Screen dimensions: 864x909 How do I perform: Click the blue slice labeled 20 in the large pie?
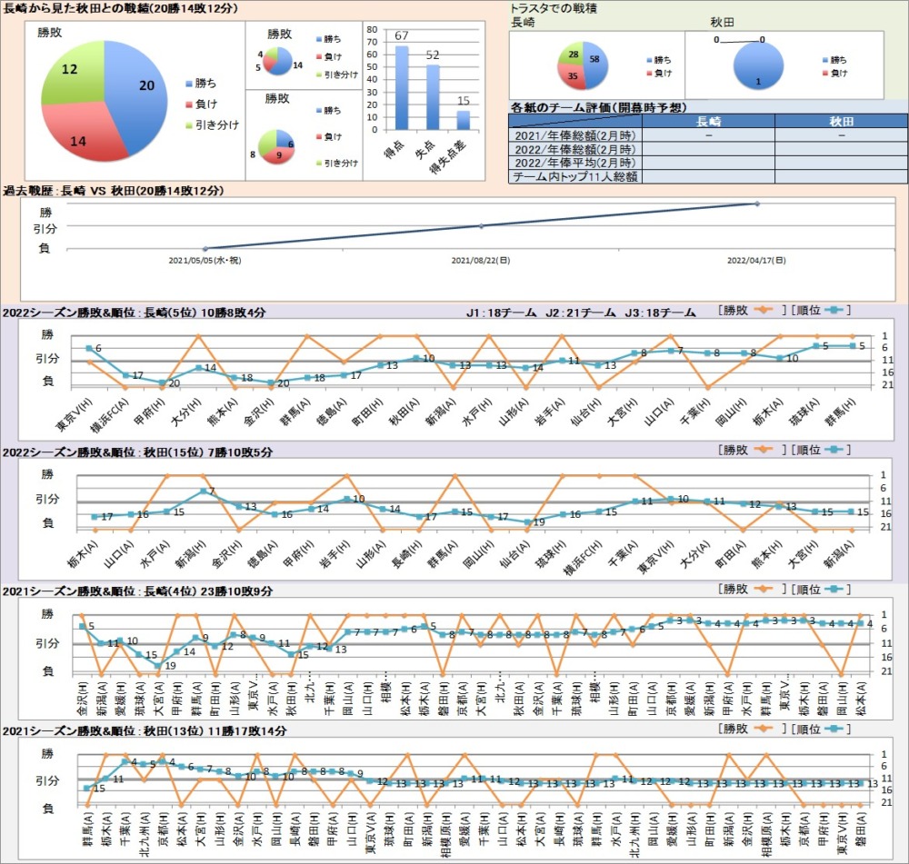point(136,91)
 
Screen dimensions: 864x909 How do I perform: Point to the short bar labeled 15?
point(464,119)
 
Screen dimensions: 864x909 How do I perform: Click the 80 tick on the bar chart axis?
point(371,29)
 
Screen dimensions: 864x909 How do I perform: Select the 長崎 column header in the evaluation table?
point(709,121)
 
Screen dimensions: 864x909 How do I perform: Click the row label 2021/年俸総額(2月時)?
point(574,135)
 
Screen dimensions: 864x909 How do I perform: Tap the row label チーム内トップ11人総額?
point(574,177)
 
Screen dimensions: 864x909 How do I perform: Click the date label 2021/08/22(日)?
point(480,260)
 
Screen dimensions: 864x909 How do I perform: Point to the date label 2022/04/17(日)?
point(756,260)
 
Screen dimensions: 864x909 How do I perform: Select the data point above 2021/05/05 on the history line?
point(205,248)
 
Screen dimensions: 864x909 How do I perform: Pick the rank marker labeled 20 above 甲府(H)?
point(162,382)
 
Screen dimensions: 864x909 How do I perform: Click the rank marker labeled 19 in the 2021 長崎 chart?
point(158,665)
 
